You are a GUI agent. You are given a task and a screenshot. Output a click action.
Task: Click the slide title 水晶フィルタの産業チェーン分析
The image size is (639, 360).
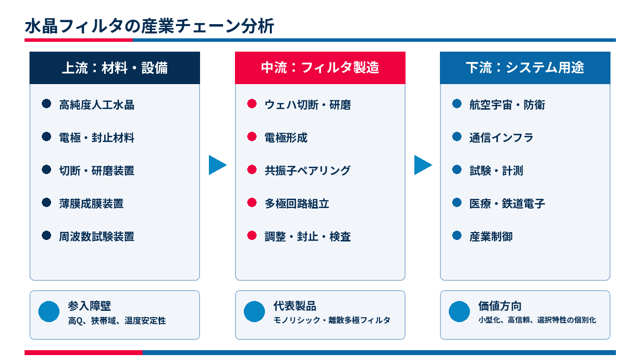tap(149, 26)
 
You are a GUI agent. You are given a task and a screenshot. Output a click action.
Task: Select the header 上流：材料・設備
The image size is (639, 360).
tap(115, 68)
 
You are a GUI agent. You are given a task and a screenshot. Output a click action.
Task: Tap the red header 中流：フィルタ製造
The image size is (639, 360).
tap(320, 68)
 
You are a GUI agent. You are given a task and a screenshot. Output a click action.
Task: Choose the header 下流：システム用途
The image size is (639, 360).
tap(525, 68)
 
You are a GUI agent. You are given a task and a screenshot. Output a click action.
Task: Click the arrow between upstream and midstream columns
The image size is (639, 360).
tap(217, 165)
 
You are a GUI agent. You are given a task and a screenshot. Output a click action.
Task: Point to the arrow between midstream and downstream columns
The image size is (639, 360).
tap(423, 165)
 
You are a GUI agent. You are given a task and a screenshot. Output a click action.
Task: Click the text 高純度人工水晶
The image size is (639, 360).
tap(97, 105)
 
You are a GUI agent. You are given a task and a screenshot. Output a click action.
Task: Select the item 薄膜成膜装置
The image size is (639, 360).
tap(91, 204)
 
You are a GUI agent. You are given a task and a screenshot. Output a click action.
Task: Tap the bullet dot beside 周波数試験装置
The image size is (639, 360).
tap(47, 236)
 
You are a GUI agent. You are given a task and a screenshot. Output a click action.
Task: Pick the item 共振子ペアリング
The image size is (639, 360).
tap(308, 171)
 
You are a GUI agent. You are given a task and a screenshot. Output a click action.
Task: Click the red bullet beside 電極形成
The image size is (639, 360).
tap(252, 137)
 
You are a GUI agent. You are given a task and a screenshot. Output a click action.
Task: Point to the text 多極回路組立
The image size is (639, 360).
tap(297, 204)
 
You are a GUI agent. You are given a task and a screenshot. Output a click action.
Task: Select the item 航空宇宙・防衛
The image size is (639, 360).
tap(507, 105)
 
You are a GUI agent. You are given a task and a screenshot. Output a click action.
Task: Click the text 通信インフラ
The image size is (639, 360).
tap(501, 138)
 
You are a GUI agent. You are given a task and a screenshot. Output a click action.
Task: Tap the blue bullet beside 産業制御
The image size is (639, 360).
tap(457, 236)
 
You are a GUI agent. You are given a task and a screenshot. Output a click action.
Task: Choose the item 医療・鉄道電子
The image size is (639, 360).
tap(507, 204)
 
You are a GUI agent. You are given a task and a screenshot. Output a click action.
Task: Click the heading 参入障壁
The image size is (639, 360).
tap(89, 306)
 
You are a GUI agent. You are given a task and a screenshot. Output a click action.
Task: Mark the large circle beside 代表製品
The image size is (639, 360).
tap(254, 311)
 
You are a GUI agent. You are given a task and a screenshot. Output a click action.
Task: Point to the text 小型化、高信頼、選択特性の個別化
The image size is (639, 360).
tap(537, 320)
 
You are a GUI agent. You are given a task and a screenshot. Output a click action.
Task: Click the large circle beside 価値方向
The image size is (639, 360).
tap(459, 311)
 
